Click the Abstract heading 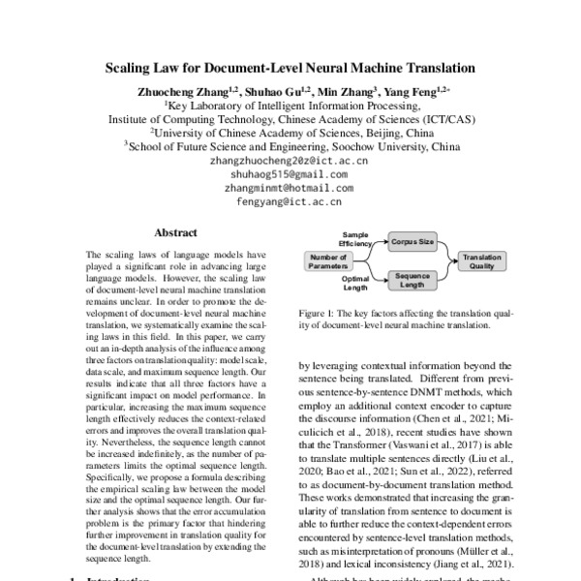(x=177, y=233)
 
